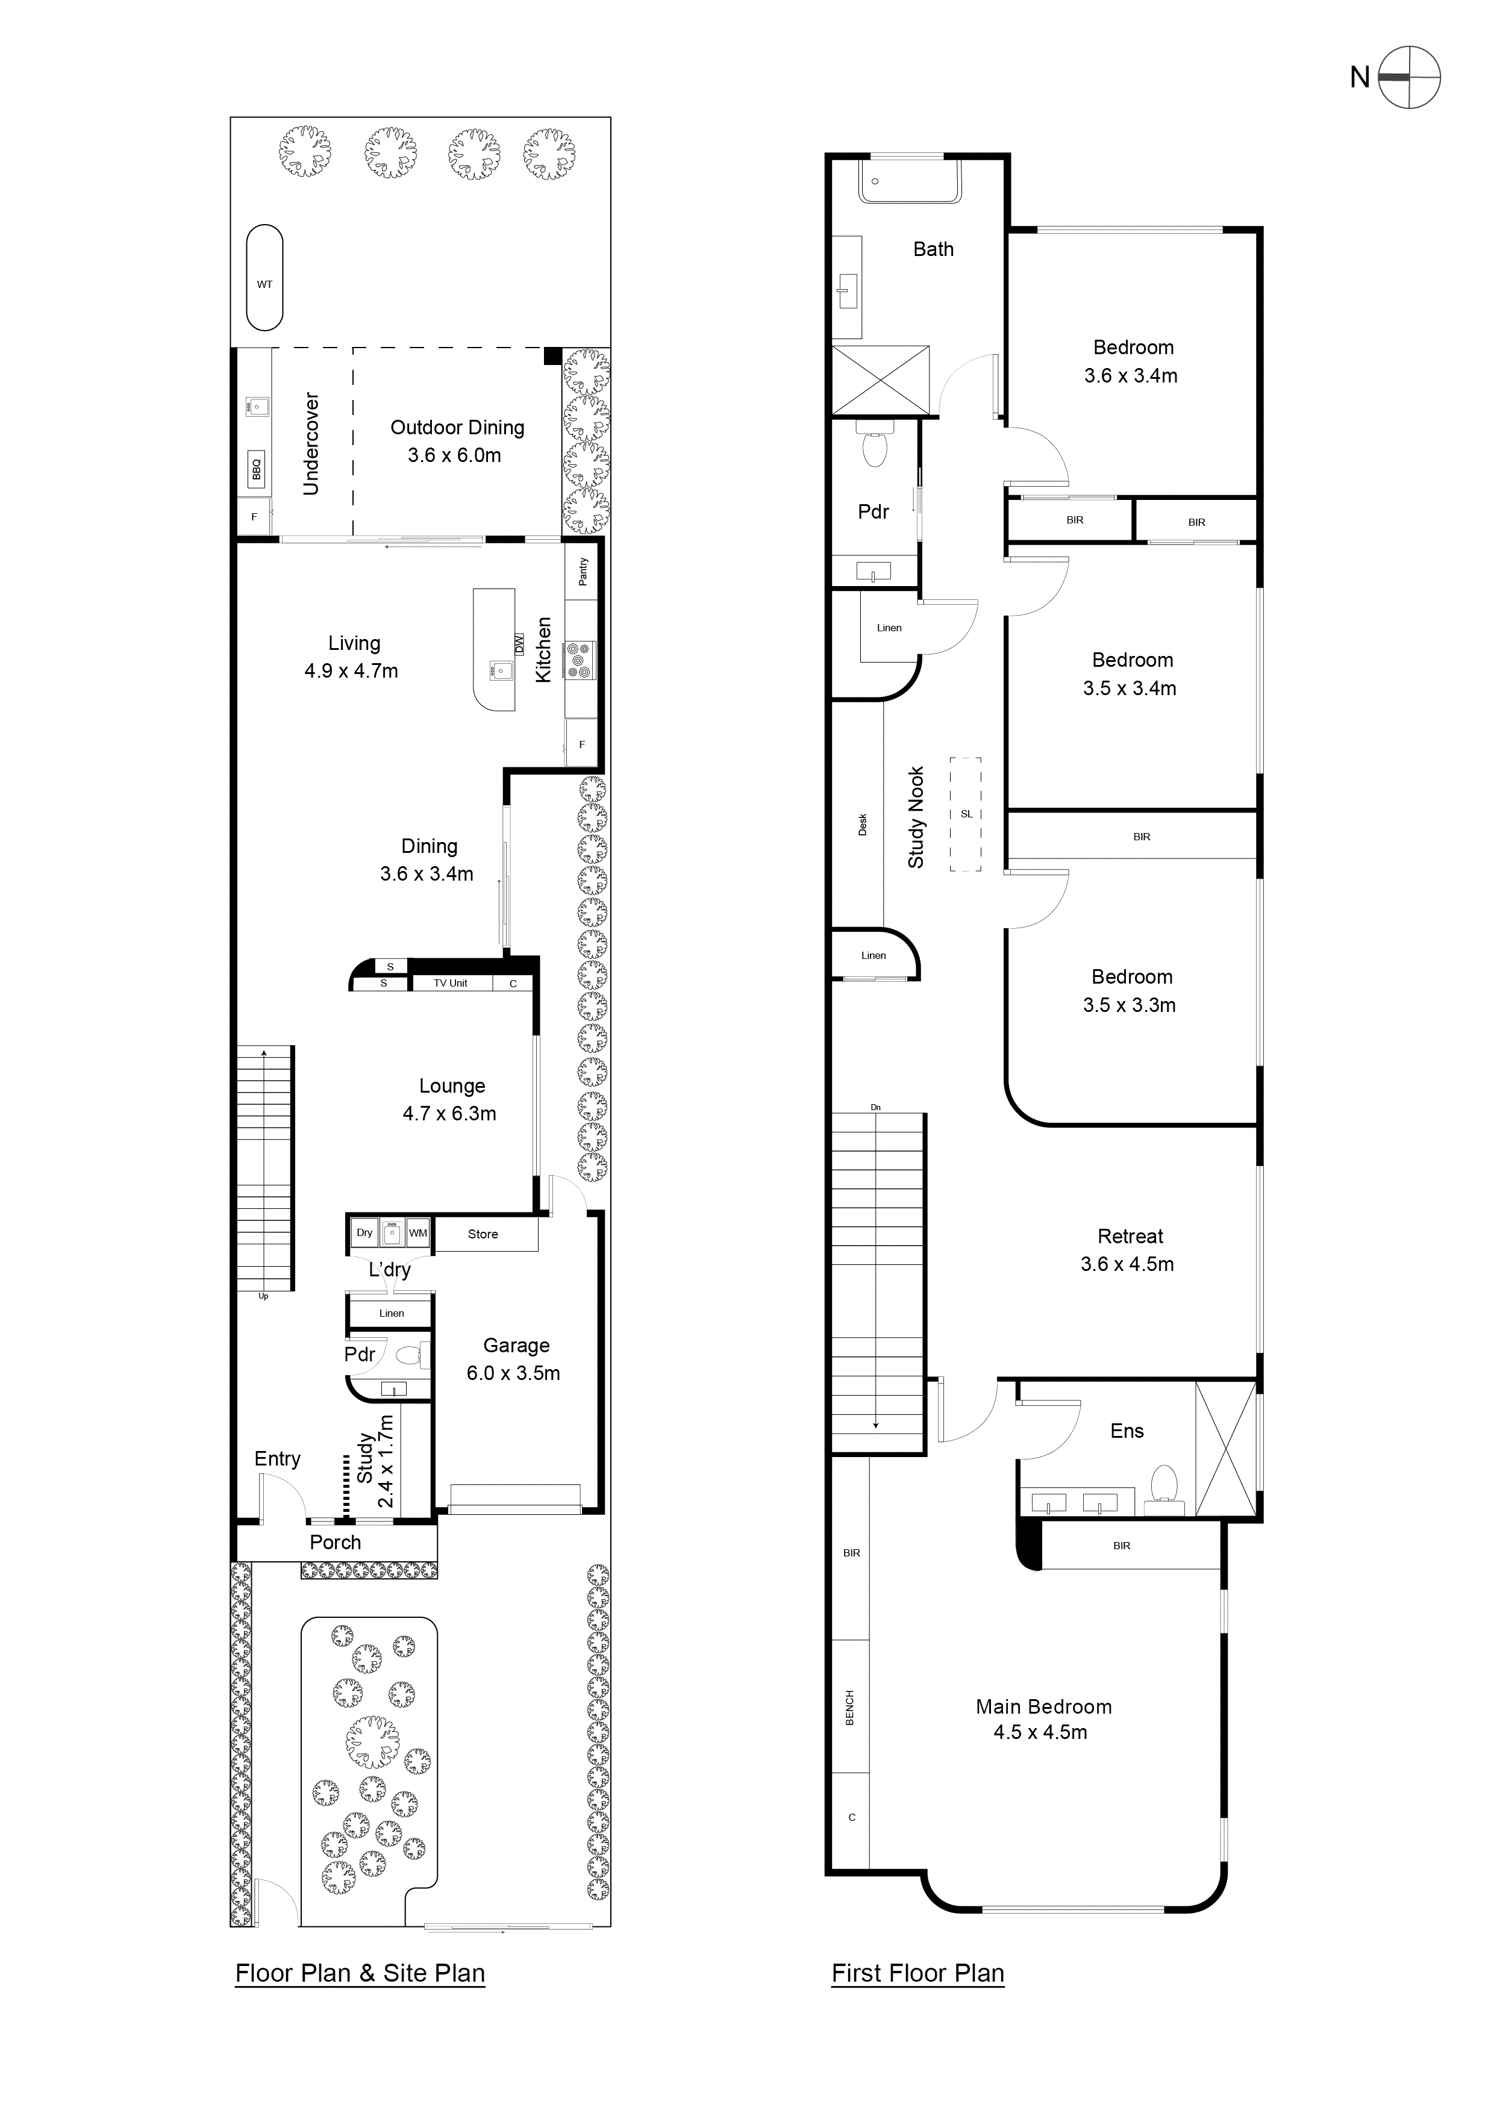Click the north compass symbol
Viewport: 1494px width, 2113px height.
point(1409,77)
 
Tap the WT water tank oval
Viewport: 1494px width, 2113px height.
point(264,277)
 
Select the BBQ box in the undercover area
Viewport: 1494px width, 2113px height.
point(257,470)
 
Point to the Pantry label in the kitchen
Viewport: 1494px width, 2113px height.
point(583,572)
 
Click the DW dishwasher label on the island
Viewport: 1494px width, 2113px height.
point(518,643)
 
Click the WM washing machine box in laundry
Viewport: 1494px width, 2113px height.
point(418,1232)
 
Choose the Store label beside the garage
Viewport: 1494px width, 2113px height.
point(483,1234)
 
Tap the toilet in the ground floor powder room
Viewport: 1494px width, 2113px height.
point(411,1354)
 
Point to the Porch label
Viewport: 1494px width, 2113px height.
point(335,1543)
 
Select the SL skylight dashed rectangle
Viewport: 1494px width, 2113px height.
point(966,814)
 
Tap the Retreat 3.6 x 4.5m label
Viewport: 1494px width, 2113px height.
point(1128,1250)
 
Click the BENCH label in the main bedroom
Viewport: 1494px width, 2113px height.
point(849,1707)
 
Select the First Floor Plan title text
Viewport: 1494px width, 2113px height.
point(917,1973)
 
